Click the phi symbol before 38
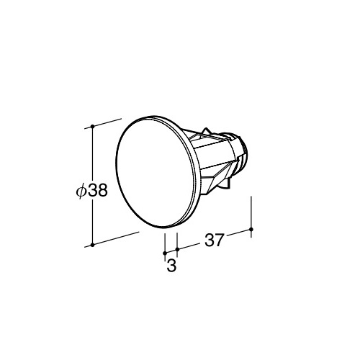81,191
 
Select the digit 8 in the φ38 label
102,191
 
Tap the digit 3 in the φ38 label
91,191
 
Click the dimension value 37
214,240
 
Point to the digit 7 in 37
220,240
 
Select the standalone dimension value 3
171,266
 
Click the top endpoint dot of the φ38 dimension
92,126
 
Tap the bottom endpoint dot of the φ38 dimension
92,245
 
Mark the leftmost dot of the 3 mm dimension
165,253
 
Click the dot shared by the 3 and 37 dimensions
177,250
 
